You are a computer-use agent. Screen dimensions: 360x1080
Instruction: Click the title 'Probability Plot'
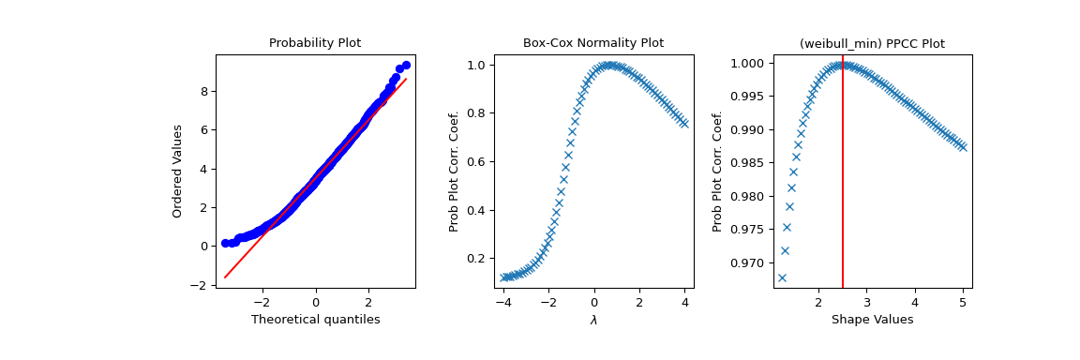click(315, 43)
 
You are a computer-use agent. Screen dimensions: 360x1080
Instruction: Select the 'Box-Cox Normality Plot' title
click(592, 43)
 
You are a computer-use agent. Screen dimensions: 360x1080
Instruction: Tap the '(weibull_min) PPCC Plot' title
click(871, 43)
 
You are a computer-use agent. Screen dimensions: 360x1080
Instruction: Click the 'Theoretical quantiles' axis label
click(315, 320)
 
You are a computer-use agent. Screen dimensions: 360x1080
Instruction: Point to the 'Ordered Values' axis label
click(177, 171)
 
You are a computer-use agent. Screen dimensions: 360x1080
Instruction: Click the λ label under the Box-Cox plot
click(592, 320)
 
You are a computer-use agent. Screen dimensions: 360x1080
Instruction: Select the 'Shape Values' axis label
click(871, 320)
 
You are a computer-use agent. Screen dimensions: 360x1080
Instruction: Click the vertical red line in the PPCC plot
click(843, 187)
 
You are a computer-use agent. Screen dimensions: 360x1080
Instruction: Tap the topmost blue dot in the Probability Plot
click(406, 66)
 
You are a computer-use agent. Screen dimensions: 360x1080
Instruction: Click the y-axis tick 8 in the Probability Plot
click(202, 91)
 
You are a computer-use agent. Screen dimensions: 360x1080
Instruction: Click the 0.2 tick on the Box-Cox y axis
click(476, 258)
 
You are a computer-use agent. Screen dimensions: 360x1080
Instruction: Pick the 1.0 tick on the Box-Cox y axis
click(476, 65)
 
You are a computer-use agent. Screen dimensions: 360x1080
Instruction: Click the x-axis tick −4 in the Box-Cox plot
click(504, 304)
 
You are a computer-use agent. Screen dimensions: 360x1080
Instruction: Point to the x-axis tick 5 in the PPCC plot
click(963, 304)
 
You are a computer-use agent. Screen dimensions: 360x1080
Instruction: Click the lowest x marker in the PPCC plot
click(782, 277)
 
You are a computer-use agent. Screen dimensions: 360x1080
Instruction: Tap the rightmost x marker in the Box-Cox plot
click(683, 124)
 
